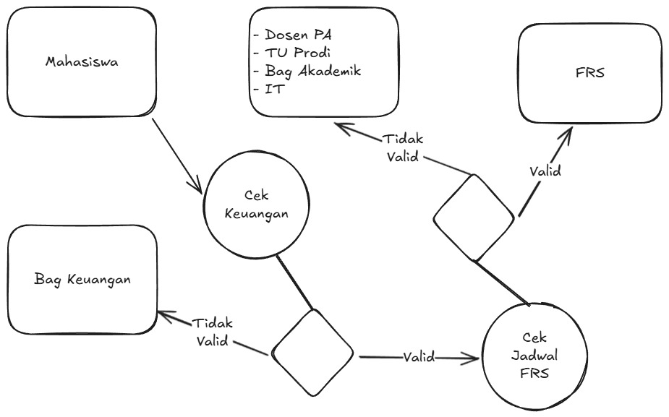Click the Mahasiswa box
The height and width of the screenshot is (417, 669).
click(x=82, y=63)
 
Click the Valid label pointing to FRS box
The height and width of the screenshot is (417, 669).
click(x=545, y=172)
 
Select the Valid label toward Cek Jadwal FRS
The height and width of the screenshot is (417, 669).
click(x=419, y=356)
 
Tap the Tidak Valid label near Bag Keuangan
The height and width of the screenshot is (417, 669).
click(x=213, y=332)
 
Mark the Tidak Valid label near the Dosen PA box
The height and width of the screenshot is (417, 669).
click(x=402, y=147)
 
